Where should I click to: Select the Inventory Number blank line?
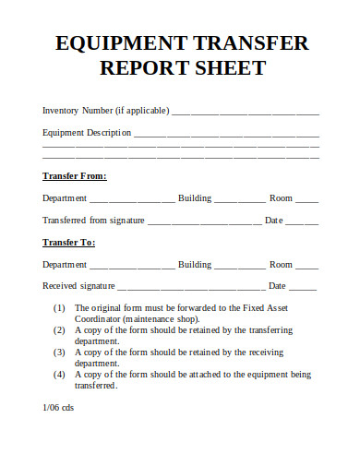click(x=246, y=112)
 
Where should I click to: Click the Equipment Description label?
click(x=87, y=132)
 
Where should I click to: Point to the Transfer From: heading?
click(x=75, y=175)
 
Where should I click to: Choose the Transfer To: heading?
click(x=69, y=242)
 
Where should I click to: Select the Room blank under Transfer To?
click(x=307, y=266)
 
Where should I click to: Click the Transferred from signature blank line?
click(x=205, y=221)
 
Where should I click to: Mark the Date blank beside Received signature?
click(x=305, y=288)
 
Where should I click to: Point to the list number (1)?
click(x=59, y=307)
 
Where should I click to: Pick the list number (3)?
click(x=59, y=352)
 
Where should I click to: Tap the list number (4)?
click(x=59, y=375)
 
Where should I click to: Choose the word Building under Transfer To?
click(x=195, y=264)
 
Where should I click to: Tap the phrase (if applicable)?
click(x=140, y=110)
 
